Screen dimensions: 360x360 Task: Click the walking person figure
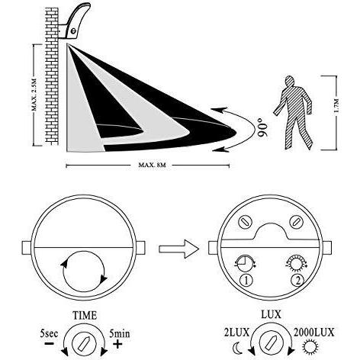294,113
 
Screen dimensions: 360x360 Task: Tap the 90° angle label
263,130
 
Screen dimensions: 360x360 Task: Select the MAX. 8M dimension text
152,165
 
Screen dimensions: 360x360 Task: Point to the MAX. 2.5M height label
34,95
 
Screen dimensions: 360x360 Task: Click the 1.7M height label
336,105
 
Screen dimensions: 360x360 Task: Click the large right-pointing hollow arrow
178,249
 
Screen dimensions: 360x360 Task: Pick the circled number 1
246,281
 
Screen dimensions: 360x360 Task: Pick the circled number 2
298,281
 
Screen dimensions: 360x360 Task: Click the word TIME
85,316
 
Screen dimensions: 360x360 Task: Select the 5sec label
49,333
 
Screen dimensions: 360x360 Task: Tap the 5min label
120,333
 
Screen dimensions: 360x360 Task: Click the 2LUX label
236,333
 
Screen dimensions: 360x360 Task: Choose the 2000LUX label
313,333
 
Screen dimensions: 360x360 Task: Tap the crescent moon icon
236,347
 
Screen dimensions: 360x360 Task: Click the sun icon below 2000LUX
310,347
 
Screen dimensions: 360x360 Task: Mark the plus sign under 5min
117,344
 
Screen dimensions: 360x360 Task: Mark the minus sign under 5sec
49,343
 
